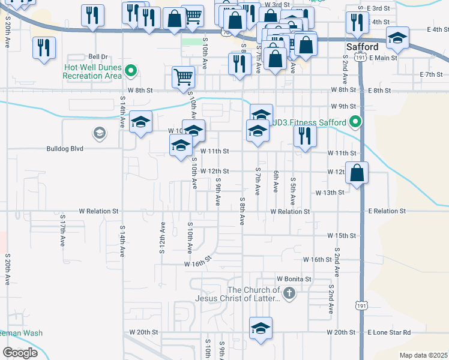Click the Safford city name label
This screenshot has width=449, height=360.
(x=362, y=47)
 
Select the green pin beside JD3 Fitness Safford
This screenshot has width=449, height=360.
(x=355, y=122)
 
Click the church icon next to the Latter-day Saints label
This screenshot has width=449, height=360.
(x=289, y=294)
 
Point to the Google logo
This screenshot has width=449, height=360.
(x=20, y=353)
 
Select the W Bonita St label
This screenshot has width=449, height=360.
(x=294, y=279)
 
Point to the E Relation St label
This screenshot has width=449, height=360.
(x=387, y=211)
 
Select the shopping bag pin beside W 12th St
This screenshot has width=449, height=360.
(x=357, y=173)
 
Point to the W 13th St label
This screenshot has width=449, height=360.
(x=330, y=192)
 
